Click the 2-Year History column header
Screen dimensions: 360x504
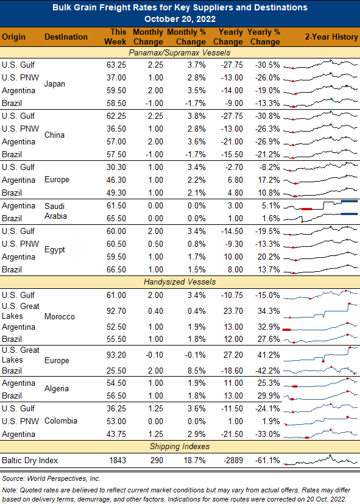(x=331, y=37)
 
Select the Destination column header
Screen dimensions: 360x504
(x=66, y=37)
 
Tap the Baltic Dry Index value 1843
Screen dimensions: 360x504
(x=118, y=460)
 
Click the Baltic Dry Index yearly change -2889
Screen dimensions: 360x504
(x=233, y=460)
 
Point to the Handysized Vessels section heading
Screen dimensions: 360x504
(x=180, y=282)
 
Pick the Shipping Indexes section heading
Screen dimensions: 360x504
(x=180, y=447)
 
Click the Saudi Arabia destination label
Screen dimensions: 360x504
(x=55, y=211)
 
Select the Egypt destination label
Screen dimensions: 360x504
(x=55, y=250)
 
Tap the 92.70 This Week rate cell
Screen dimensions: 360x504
(x=116, y=311)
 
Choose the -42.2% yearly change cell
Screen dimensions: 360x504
(x=267, y=371)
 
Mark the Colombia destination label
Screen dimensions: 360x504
(x=61, y=421)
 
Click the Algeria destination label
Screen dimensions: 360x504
(x=57, y=389)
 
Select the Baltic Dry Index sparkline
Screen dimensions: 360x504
(x=320, y=460)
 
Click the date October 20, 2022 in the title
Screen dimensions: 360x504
(x=180, y=19)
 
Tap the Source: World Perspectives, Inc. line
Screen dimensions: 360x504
(x=51, y=478)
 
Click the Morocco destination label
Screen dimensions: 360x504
(x=60, y=317)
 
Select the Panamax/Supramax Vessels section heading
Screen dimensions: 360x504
(x=180, y=52)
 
